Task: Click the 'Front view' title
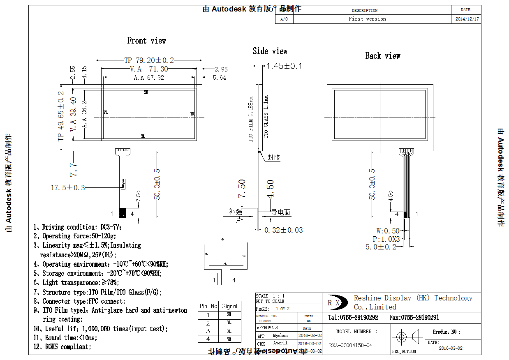(x=146, y=41)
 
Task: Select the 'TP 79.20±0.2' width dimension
(x=149, y=60)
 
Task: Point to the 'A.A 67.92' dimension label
(x=149, y=77)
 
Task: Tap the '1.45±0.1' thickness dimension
(x=284, y=66)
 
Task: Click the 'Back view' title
(x=382, y=56)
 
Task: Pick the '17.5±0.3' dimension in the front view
(x=68, y=188)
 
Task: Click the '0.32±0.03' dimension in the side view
(x=283, y=230)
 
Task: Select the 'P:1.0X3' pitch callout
(x=386, y=239)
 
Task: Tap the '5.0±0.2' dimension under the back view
(x=381, y=247)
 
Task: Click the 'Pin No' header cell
(x=208, y=306)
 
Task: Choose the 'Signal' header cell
(x=229, y=306)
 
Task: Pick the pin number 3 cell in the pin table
(x=208, y=331)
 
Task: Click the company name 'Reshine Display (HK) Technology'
(x=413, y=298)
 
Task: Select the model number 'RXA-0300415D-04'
(x=350, y=346)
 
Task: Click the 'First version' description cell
(x=367, y=19)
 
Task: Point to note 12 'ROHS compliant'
(x=62, y=347)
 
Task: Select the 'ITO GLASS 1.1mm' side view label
(x=266, y=117)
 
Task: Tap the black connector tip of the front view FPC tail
(x=123, y=213)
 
